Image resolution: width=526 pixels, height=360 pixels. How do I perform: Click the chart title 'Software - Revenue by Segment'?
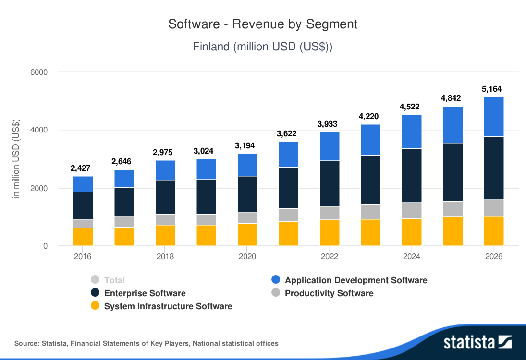point(263,24)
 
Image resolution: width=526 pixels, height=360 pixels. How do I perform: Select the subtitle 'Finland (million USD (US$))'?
point(263,47)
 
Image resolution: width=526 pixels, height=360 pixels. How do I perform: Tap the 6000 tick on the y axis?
point(39,72)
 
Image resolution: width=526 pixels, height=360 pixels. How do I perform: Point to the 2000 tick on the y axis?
point(39,188)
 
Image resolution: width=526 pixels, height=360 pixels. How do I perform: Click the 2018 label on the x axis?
point(165,257)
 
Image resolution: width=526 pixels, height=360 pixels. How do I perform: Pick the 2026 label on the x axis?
point(494,257)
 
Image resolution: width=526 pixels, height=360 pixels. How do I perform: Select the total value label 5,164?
point(494,89)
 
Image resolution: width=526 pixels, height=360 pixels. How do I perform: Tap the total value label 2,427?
point(83,168)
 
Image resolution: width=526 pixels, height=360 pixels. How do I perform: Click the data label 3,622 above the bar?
point(288,134)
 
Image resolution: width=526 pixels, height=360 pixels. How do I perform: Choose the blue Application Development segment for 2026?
point(494,117)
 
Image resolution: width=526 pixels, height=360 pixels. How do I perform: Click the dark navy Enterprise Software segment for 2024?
point(412,176)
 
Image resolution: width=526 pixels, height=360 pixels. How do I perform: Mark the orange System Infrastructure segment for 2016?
point(83,237)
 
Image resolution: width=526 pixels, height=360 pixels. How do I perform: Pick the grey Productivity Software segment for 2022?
point(330,213)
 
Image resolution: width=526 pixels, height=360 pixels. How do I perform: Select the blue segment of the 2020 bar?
point(247,165)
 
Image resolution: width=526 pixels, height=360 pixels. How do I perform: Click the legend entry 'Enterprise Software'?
point(145,293)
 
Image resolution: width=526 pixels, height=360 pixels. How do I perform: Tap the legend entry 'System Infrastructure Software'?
point(168,306)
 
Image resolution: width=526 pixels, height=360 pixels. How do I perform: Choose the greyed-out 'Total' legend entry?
point(114,280)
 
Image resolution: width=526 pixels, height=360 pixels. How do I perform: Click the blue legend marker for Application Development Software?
point(276,280)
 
